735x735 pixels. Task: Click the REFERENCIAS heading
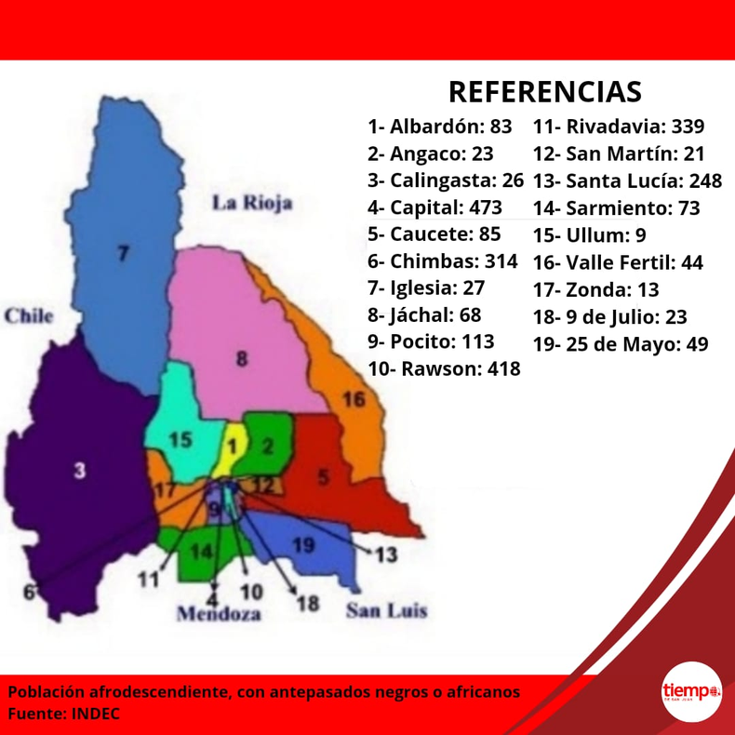[x=545, y=91]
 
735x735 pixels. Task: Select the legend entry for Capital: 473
[x=434, y=207]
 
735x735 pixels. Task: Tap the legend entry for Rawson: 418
[x=444, y=368]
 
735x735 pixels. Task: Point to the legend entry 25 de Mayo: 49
[x=621, y=344]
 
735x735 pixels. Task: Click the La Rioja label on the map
[x=252, y=203]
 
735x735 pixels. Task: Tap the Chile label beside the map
[x=29, y=316]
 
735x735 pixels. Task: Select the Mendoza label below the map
[x=219, y=614]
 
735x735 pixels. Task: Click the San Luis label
[x=386, y=611]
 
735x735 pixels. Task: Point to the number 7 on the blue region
[x=122, y=252]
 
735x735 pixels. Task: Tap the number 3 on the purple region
[x=80, y=471]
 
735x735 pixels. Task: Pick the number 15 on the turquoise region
[x=180, y=439]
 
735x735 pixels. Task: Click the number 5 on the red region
[x=324, y=478]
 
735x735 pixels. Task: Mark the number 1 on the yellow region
[x=234, y=447]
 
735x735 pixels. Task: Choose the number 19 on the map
[x=304, y=545]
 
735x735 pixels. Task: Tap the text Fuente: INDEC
[x=64, y=715]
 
